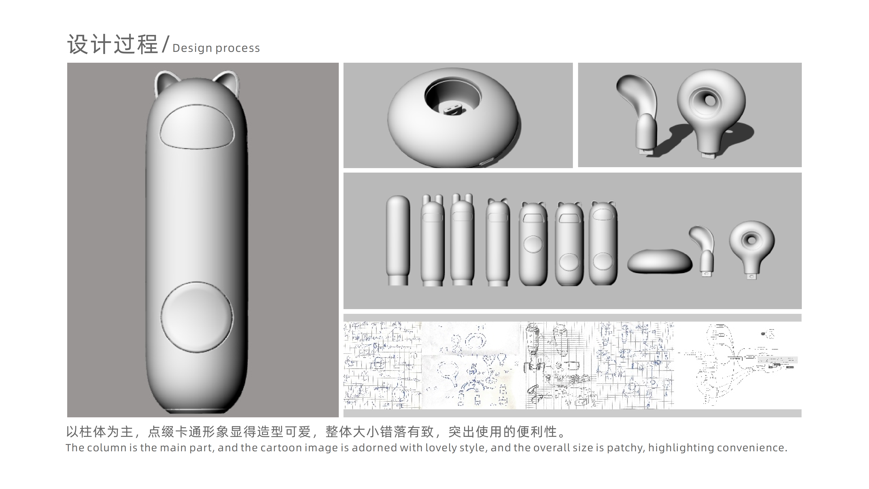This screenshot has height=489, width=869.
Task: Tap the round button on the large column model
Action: tap(197, 317)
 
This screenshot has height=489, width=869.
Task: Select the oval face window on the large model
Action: tap(197, 127)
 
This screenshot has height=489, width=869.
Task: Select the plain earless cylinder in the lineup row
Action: tap(398, 240)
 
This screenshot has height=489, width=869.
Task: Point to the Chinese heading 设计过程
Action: tap(112, 45)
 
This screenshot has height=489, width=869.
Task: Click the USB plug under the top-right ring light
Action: tap(708, 156)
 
